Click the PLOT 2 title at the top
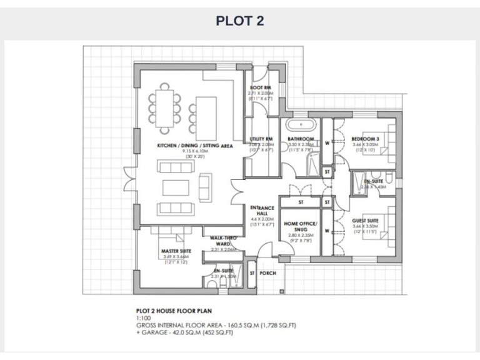tap(240, 21)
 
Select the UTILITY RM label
tap(261, 139)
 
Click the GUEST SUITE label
tap(366, 220)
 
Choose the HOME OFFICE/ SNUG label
tap(301, 226)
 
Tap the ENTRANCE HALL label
tap(262, 211)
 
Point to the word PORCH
tap(267, 273)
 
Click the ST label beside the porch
tap(252, 273)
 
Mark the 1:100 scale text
tap(143, 317)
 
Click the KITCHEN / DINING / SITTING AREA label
tap(195, 145)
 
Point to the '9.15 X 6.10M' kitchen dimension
tap(195, 151)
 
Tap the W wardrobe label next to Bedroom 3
tap(327, 141)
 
